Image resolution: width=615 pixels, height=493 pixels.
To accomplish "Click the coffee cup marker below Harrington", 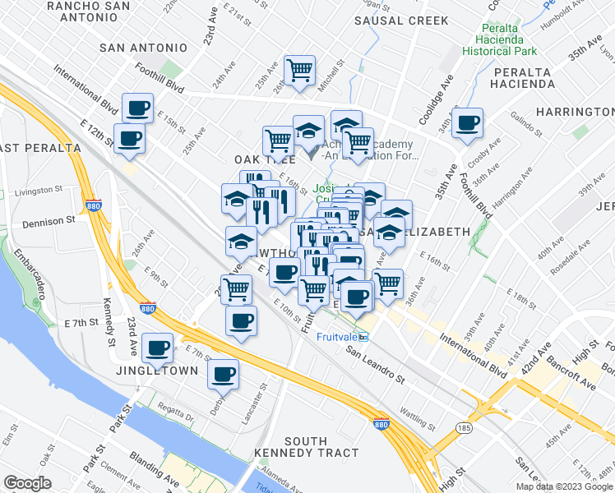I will [x=468, y=123].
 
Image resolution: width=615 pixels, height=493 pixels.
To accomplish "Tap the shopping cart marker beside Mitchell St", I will [x=300, y=69].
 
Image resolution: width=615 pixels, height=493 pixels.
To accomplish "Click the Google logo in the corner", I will [x=27, y=483].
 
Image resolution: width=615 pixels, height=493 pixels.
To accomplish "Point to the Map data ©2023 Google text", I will [x=565, y=486].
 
